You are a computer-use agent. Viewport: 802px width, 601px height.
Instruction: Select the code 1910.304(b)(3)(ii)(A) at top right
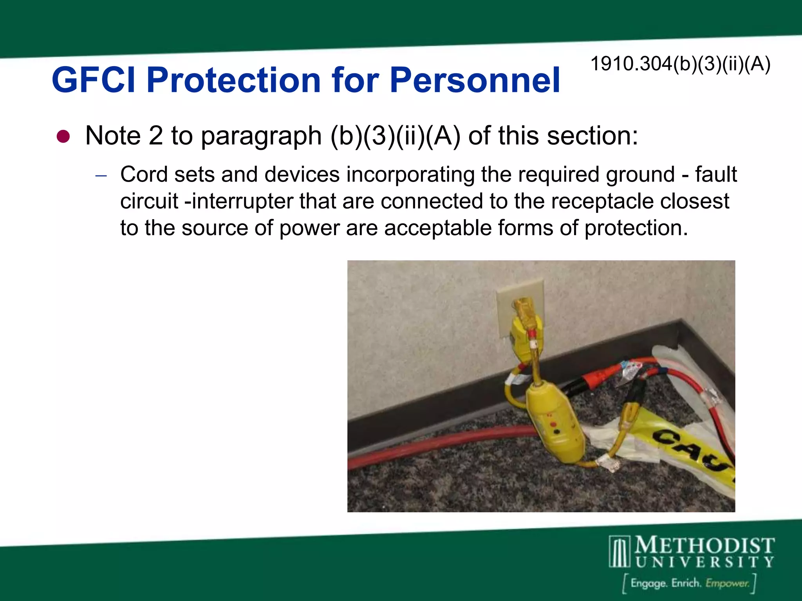(680, 64)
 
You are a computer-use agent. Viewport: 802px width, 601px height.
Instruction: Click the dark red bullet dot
(63, 137)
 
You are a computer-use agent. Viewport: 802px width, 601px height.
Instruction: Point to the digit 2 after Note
(155, 136)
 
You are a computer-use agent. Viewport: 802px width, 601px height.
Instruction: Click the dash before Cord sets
(101, 176)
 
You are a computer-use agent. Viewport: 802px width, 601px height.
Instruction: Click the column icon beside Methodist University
(620, 552)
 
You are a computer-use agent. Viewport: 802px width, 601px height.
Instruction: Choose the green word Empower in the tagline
(727, 583)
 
